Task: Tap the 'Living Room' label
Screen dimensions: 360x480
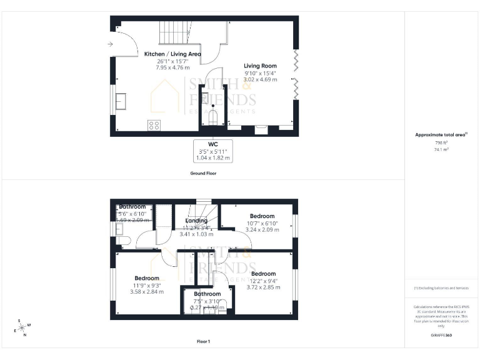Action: coord(260,66)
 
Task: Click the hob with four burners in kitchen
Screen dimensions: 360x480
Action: coord(154,125)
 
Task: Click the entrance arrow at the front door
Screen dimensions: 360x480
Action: coord(110,44)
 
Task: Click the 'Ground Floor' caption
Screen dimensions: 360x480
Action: coord(203,173)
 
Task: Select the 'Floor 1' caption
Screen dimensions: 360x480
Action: coord(203,342)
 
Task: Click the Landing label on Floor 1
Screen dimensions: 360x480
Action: coord(196,221)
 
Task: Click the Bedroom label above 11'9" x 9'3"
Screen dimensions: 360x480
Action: coord(147,278)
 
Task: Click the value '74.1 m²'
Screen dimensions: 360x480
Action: coord(442,150)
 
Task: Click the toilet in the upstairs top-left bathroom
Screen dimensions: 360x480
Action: coord(122,240)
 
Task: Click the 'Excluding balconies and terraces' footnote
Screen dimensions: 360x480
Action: coord(441,288)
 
